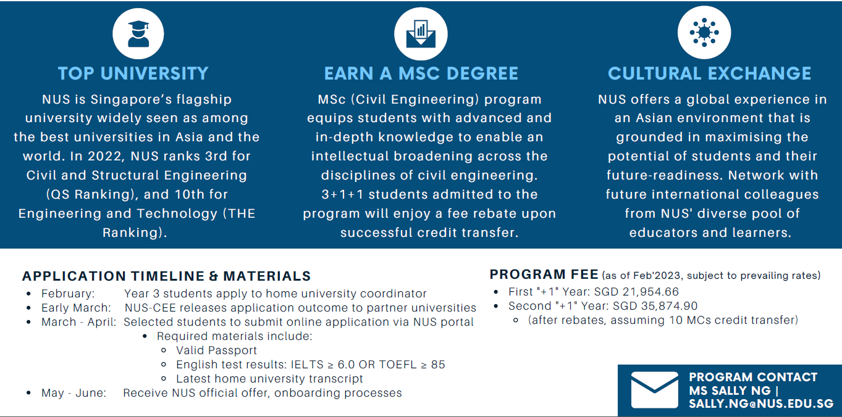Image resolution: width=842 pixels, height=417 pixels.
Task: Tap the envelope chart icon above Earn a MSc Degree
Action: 421,33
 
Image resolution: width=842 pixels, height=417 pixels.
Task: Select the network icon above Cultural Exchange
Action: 704,32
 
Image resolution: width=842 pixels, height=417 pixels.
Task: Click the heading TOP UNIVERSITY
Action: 133,73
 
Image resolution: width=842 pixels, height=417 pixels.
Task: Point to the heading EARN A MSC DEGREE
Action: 421,73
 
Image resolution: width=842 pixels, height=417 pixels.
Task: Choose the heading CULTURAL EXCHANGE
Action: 709,73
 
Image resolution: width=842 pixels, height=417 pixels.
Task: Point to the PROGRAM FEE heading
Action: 544,275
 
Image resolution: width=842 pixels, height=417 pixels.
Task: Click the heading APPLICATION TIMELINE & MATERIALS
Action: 166,276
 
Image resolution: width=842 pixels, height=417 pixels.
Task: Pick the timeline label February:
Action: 68,294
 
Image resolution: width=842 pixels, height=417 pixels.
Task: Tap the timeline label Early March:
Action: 76,308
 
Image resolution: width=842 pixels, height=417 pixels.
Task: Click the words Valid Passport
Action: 216,350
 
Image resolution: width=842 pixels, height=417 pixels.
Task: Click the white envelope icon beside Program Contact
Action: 654,390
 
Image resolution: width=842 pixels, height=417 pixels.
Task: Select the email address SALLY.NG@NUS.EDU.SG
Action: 761,404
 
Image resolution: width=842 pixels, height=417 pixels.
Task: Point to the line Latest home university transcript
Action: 269,379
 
